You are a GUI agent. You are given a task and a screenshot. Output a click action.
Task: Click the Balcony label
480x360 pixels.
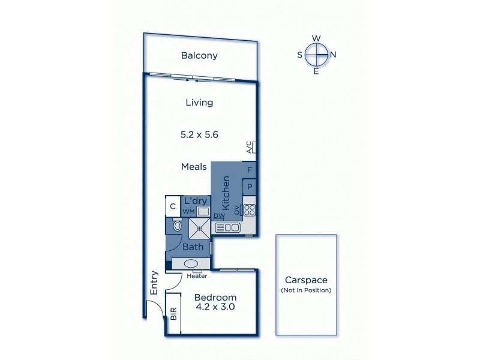(199, 56)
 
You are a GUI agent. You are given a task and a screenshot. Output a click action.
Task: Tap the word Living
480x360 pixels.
(199, 103)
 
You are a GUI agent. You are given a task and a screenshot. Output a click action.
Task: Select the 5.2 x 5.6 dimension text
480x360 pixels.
(199, 135)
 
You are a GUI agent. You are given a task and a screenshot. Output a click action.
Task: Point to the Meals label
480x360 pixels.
(194, 167)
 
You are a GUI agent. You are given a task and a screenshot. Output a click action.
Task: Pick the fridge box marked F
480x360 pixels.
(250, 170)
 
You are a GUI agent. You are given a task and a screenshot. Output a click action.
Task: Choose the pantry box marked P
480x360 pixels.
(250, 187)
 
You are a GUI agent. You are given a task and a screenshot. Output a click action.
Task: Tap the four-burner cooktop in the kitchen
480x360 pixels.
(249, 210)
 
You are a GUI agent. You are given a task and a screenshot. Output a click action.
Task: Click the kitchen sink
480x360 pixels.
(227, 227)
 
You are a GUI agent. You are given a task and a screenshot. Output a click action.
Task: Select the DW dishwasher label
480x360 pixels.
(218, 216)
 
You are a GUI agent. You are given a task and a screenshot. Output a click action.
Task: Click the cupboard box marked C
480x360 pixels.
(172, 206)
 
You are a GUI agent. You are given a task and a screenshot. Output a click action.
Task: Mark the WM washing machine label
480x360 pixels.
(189, 212)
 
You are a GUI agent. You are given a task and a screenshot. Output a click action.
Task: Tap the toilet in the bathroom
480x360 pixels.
(178, 227)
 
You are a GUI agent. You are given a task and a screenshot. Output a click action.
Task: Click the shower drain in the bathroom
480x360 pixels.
(198, 228)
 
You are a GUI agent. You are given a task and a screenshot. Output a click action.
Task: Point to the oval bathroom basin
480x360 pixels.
(191, 263)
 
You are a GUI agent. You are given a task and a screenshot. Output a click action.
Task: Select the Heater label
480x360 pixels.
(197, 277)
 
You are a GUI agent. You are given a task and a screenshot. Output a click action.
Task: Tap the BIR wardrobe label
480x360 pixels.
(173, 314)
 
